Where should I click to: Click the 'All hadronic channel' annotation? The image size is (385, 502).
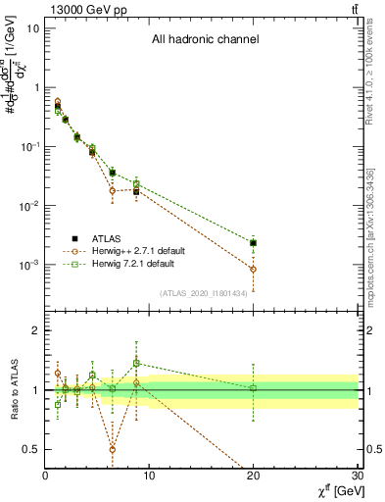pos(205,40)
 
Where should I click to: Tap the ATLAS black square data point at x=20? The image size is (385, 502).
pos(254,242)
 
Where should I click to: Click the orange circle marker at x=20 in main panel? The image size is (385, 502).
pos(254,269)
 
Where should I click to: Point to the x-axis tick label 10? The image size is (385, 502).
pos(149,477)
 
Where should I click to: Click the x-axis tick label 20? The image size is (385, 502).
pos(254,477)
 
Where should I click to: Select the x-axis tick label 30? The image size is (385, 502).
pos(358,477)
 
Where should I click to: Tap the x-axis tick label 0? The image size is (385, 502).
pos(45,477)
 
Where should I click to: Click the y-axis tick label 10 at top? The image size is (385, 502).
pos(32,27)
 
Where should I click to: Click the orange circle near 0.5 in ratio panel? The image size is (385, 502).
pos(113,449)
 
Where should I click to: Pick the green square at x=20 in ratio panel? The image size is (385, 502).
pos(254,388)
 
